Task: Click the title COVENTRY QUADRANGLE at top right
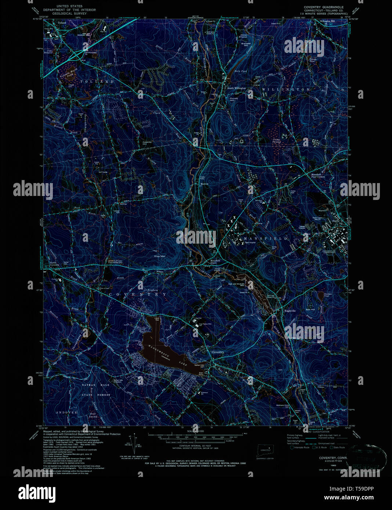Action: tap(323, 7)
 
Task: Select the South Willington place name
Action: tap(236, 88)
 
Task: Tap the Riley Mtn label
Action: tap(160, 256)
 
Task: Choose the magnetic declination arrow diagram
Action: tap(134, 445)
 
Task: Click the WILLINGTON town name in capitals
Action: tap(286, 89)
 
